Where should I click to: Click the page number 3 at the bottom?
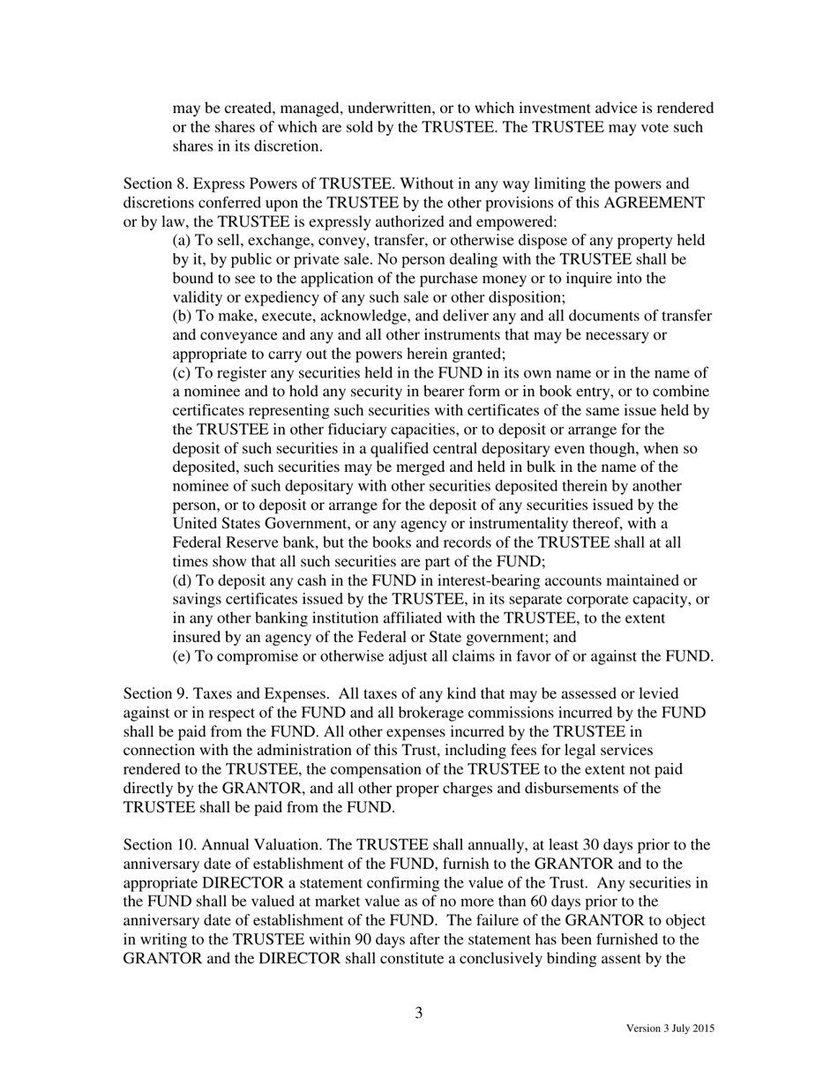[419, 1013]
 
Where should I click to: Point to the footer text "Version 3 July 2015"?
[670, 1029]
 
